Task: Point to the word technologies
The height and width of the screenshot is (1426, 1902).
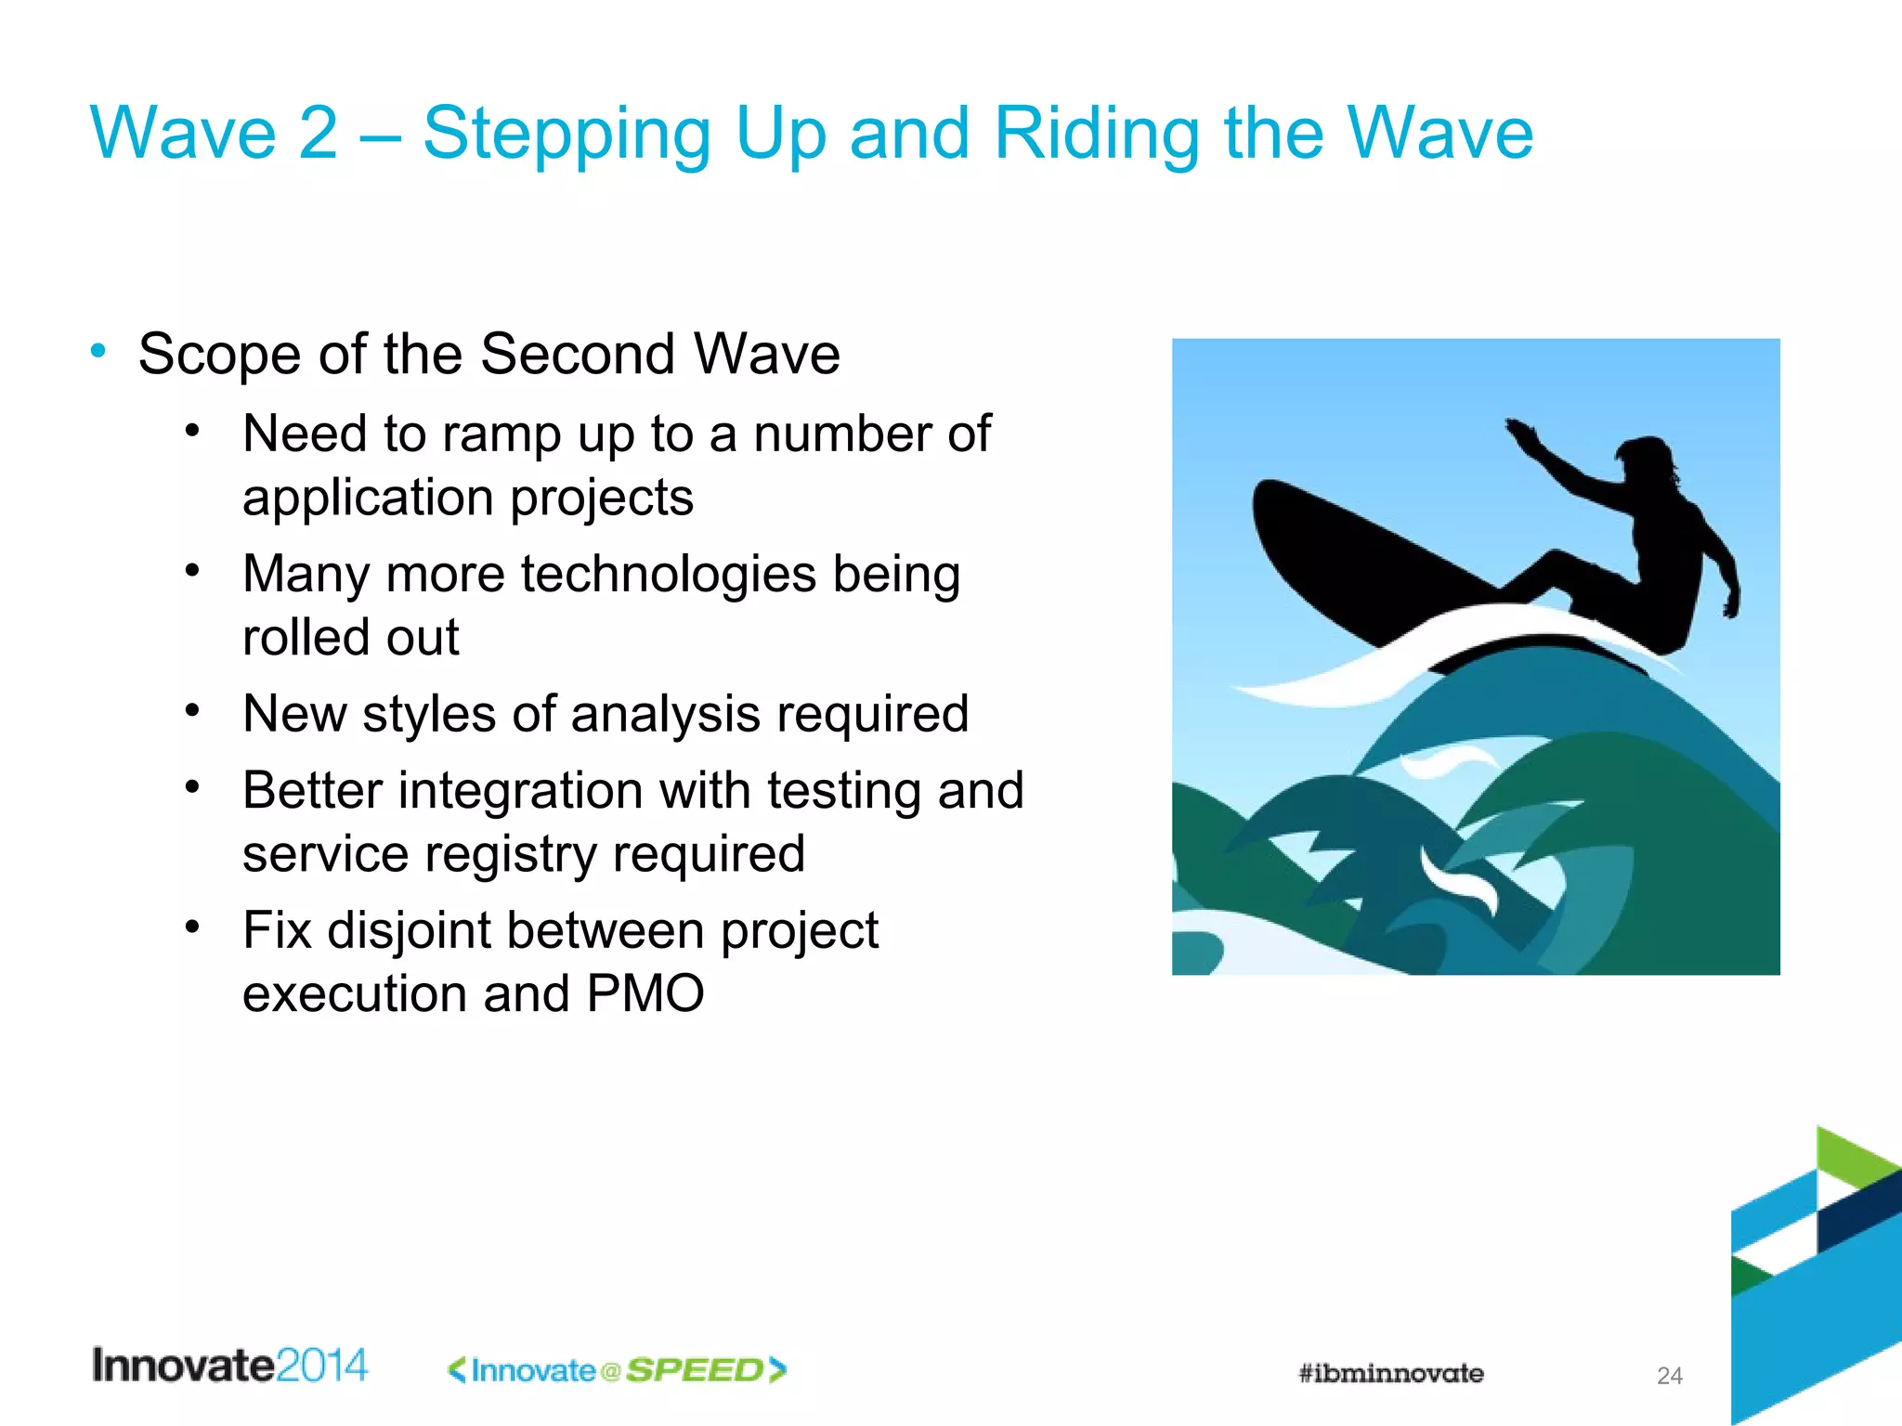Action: click(x=668, y=575)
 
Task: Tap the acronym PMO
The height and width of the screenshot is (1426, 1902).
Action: click(x=645, y=994)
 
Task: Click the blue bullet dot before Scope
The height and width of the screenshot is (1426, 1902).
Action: click(x=98, y=352)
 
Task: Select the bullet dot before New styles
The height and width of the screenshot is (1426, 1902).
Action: click(x=192, y=711)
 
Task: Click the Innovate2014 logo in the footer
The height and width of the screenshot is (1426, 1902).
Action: click(x=229, y=1366)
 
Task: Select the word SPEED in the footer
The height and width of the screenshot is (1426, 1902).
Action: click(x=695, y=1370)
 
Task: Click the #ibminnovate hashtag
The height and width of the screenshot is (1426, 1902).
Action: click(x=1390, y=1373)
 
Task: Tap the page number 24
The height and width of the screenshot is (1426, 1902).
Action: click(x=1669, y=1376)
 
